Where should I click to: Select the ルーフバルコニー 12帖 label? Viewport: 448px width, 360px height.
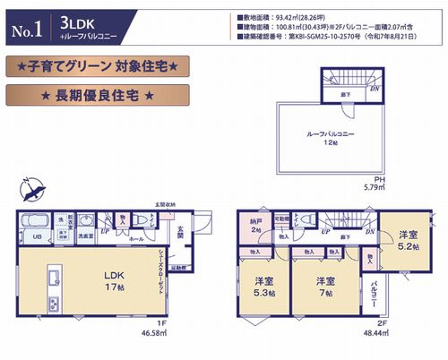click(x=313, y=140)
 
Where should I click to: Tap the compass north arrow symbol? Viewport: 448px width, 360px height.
click(x=34, y=190)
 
